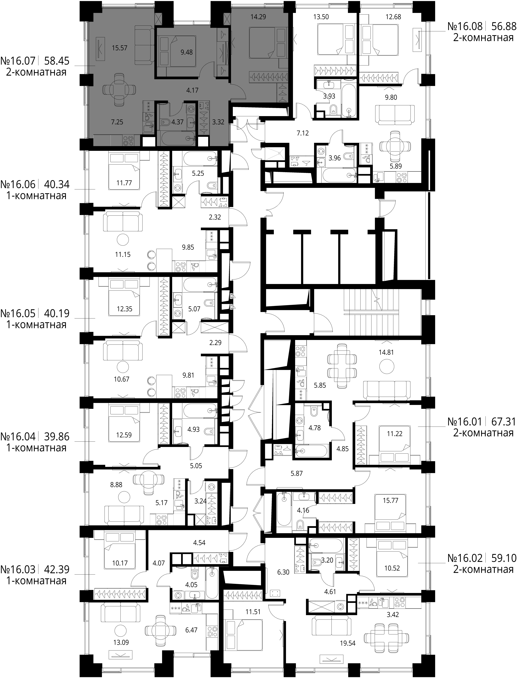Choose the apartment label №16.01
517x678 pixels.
465,421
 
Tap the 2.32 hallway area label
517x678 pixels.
215,217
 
